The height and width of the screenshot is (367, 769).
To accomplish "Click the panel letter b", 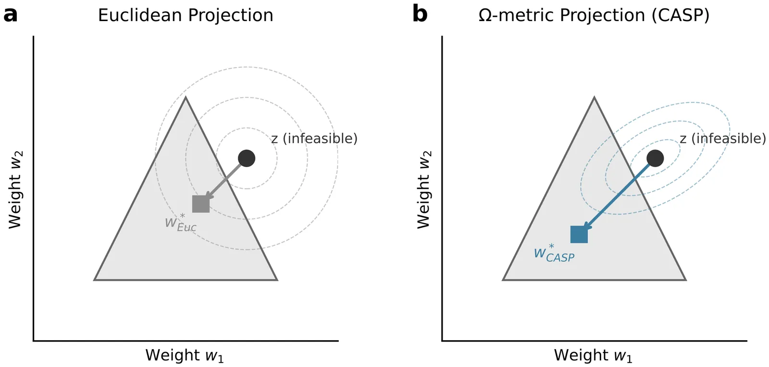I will tap(420, 14).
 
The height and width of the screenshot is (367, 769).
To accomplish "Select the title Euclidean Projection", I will tap(186, 15).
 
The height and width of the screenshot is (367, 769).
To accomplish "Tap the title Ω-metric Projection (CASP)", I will tap(594, 15).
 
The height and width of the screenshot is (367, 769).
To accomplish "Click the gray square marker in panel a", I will tap(201, 204).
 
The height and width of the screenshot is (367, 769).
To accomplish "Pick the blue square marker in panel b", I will tap(579, 234).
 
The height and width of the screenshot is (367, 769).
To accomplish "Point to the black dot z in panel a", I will tap(247, 158).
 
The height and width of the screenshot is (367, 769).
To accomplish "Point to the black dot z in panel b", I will tap(655, 158).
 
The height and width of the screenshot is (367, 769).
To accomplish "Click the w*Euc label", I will tap(181, 223).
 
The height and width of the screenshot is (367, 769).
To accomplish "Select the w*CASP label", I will tap(554, 254).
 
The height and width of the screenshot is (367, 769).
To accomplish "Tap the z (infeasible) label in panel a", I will tap(314, 139).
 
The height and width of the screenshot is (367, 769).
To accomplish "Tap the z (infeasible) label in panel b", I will tap(723, 139).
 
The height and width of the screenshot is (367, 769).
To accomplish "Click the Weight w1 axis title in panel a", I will tap(185, 355).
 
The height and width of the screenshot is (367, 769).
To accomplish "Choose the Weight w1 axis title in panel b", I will tap(593, 355).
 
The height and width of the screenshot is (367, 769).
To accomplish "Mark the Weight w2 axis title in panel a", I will tap(15, 190).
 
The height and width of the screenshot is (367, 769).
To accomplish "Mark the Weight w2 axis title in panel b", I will tap(424, 190).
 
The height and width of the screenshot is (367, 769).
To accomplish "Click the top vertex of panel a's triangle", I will tap(186, 98).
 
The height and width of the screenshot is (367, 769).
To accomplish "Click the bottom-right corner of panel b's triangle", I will tap(685, 279).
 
